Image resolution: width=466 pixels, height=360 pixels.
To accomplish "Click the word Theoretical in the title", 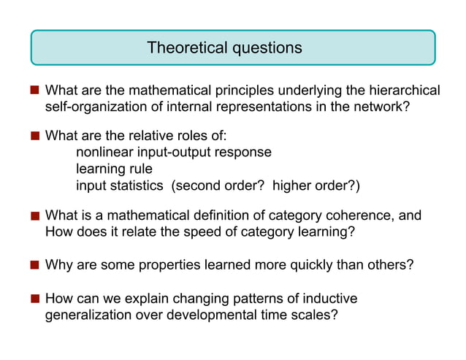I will click(x=186, y=48).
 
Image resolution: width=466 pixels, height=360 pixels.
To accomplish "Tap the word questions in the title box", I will click(x=267, y=48).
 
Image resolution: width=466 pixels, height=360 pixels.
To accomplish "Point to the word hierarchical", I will click(x=405, y=91).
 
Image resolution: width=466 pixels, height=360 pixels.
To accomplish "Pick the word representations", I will click(x=277, y=107).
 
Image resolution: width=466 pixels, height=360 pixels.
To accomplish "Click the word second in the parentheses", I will click(x=198, y=185).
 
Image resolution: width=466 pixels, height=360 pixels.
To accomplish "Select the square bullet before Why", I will click(x=34, y=264).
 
